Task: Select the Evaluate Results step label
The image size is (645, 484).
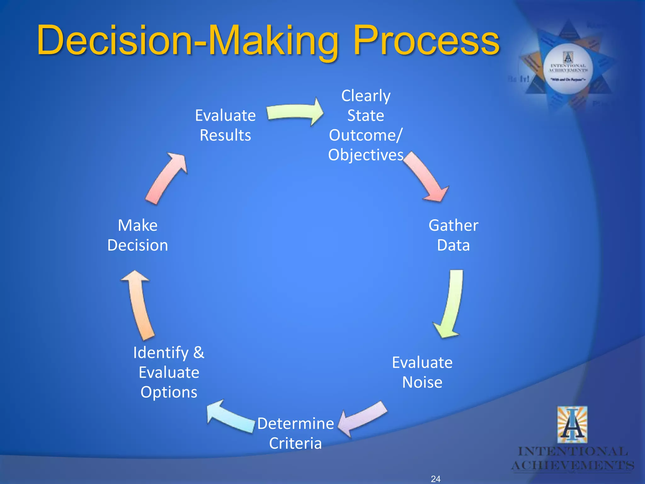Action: click(225, 125)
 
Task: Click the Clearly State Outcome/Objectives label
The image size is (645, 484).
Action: click(366, 125)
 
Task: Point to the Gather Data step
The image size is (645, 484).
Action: click(453, 235)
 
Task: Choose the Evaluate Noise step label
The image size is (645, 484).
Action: click(422, 372)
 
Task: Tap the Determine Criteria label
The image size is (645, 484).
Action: click(295, 433)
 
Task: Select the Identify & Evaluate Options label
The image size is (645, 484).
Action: click(169, 372)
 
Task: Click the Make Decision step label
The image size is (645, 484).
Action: click(138, 235)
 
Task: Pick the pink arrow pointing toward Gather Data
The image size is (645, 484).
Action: click(427, 178)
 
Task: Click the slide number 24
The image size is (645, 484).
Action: click(436, 479)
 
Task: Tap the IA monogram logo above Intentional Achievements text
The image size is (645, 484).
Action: click(572, 425)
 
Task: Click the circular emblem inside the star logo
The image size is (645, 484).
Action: click(568, 69)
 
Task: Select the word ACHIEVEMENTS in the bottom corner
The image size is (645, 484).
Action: click(573, 465)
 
